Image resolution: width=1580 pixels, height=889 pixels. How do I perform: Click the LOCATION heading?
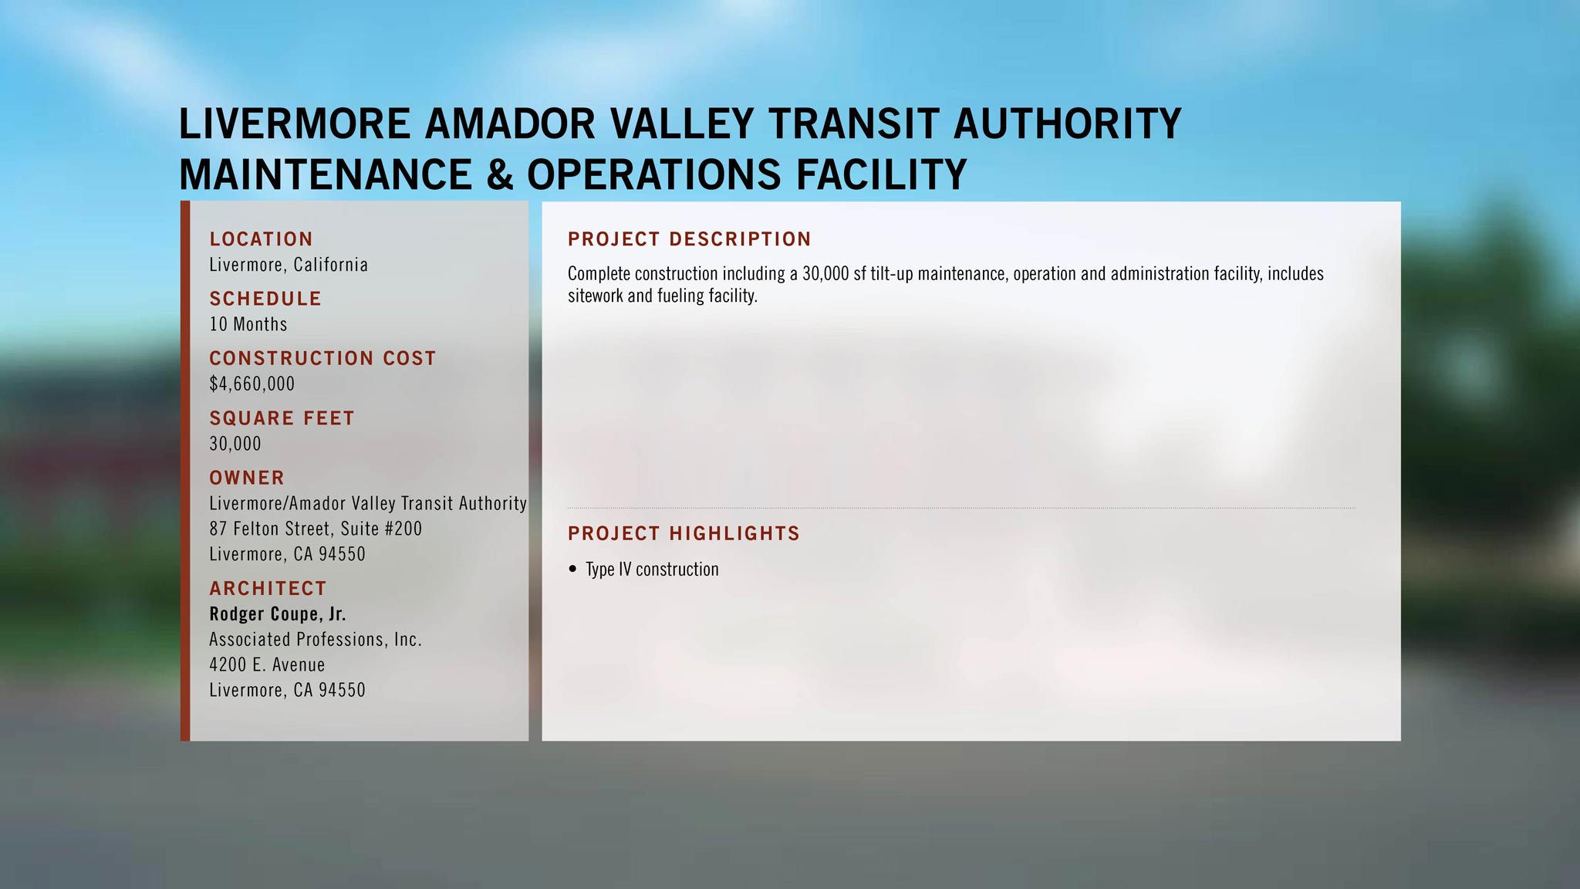pos(261,239)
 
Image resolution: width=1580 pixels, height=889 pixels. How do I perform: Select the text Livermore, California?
pos(289,265)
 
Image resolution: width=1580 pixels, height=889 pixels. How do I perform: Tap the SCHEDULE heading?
pos(265,299)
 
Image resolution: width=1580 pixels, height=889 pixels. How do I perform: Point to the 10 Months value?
pos(248,324)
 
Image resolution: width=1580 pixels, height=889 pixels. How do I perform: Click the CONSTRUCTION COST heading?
pos(322,358)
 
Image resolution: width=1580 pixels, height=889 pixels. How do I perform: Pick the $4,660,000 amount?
pos(252,384)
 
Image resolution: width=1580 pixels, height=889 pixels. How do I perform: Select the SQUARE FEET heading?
pos(282,418)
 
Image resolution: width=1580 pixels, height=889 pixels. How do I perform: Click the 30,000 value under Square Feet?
pos(235,444)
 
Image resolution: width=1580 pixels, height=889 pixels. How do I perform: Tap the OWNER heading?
pos(247,478)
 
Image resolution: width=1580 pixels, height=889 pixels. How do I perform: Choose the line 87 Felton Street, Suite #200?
pos(316,529)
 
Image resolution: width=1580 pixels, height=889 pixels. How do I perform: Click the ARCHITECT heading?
pos(268,588)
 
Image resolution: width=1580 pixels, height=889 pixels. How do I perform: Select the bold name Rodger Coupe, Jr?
pos(278,614)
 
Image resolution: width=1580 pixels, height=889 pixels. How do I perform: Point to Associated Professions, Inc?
pos(316,640)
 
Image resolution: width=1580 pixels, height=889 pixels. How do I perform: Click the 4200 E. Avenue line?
pos(267,664)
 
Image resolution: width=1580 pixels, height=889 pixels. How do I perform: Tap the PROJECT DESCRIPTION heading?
pos(690,239)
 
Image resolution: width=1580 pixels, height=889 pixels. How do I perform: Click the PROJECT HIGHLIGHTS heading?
pos(684,533)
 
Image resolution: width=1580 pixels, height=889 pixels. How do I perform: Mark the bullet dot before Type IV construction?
pos(572,569)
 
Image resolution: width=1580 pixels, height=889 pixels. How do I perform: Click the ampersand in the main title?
pos(499,174)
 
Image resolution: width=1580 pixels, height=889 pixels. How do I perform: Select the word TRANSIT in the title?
pos(853,123)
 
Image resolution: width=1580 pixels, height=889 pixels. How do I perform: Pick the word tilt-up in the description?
pos(891,274)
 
